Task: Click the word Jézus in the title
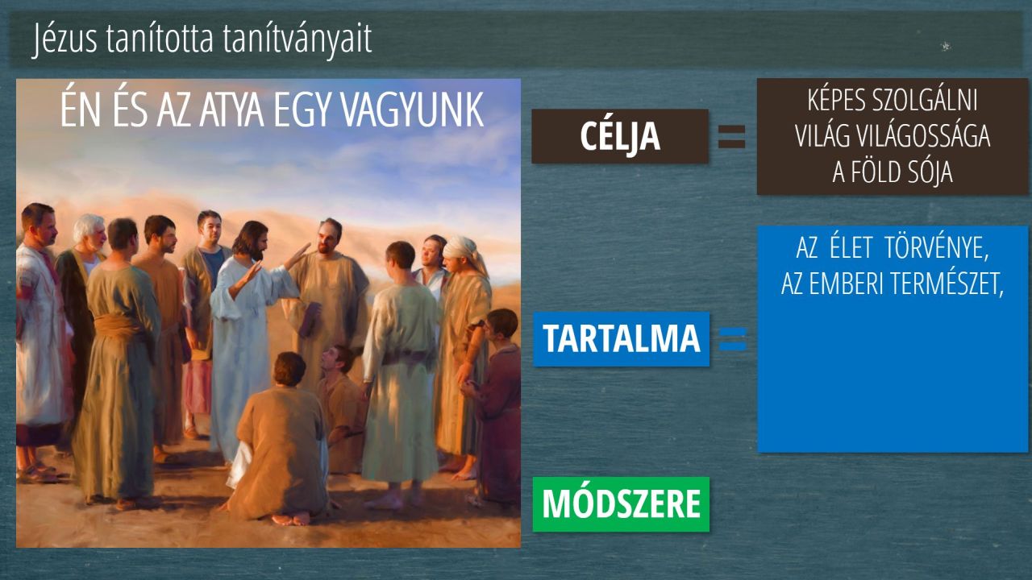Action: (65, 39)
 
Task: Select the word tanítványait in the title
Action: (298, 39)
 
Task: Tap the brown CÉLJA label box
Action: (620, 136)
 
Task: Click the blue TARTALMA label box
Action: (621, 339)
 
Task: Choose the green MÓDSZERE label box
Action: (621, 504)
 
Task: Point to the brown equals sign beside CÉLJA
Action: (731, 137)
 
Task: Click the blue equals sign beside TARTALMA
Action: (733, 339)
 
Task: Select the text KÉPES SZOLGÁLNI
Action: (893, 100)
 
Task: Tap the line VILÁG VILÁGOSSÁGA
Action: (893, 136)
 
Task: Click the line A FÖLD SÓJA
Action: (893, 172)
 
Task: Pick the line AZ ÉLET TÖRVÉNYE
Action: (893, 248)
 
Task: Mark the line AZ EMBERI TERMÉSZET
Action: (893, 284)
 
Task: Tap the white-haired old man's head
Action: (89, 230)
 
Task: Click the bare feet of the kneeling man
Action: (290, 519)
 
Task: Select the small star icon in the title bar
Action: (946, 46)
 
